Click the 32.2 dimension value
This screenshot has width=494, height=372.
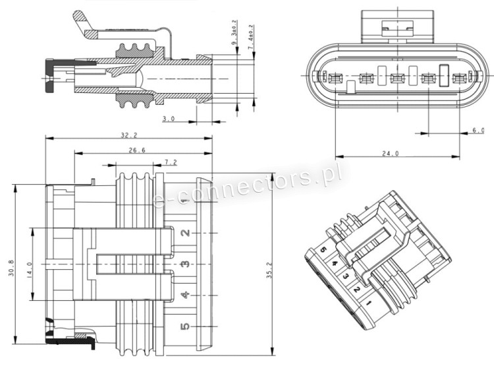tap(128, 135)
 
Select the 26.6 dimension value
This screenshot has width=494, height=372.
tap(137, 150)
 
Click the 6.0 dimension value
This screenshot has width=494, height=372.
tap(478, 131)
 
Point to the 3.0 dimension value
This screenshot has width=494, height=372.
tap(168, 119)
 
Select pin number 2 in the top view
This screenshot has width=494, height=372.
tap(186, 232)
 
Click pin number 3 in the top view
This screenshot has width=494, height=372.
tap(186, 264)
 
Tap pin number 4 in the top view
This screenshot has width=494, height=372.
tap(186, 295)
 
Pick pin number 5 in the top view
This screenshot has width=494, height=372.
tap(186, 326)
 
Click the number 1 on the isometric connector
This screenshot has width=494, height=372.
tap(368, 303)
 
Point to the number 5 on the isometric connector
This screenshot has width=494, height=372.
tap(323, 250)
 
